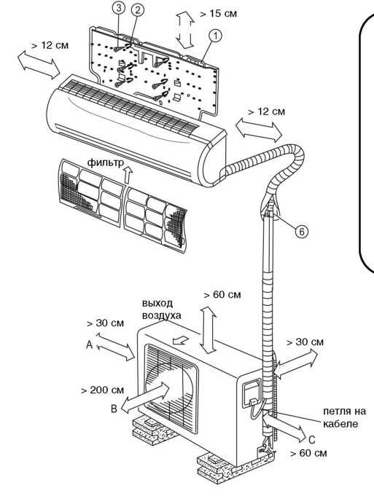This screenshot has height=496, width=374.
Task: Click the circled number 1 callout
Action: [215, 36]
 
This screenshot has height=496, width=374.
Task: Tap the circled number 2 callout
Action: [137, 9]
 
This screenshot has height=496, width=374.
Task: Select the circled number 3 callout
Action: [119, 8]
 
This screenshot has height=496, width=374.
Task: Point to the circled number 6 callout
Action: [302, 232]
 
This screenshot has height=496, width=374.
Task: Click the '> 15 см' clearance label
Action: [219, 14]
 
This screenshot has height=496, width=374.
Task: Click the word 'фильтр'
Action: [106, 162]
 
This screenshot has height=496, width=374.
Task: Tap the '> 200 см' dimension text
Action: [102, 390]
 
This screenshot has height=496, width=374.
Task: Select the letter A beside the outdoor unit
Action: [89, 345]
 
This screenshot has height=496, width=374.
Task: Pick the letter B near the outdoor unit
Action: [114, 409]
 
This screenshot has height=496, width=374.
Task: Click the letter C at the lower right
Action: [311, 440]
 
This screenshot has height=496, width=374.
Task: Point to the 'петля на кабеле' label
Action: [344, 417]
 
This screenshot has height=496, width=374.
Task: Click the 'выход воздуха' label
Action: [162, 309]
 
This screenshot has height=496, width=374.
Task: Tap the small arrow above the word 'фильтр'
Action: [128, 175]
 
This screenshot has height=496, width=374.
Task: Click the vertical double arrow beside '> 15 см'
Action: [185, 30]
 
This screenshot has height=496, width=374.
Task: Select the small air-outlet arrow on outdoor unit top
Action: [181, 341]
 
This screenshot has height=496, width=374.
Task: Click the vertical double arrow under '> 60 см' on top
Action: [209, 330]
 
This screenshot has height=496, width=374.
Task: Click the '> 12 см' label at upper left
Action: [50, 45]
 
